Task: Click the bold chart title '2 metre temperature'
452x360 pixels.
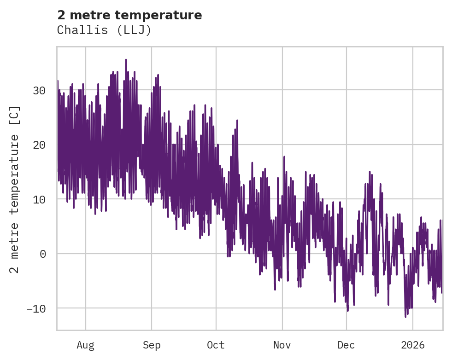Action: [x=129, y=15]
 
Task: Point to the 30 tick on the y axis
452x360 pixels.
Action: [x=39, y=90]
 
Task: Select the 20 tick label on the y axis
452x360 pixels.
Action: [x=39, y=145]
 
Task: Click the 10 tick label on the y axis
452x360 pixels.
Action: [x=39, y=199]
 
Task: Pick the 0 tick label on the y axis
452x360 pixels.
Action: [x=43, y=254]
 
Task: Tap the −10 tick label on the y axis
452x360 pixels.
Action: [x=36, y=308]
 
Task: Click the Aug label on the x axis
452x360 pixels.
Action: [x=85, y=345]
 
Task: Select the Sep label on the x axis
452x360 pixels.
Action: [x=152, y=345]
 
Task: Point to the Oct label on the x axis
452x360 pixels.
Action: [x=216, y=345]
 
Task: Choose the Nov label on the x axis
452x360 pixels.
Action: [x=282, y=345]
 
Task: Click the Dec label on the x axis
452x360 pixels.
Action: [x=346, y=345]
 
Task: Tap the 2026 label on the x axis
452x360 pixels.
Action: [x=413, y=345]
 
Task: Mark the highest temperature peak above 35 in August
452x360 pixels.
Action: [x=125, y=60]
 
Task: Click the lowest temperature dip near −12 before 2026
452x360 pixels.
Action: [x=405, y=316]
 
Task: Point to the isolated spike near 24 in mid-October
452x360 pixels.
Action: [x=237, y=121]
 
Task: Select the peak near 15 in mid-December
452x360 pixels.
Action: [x=370, y=172]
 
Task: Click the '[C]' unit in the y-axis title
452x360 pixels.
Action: [x=15, y=116]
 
